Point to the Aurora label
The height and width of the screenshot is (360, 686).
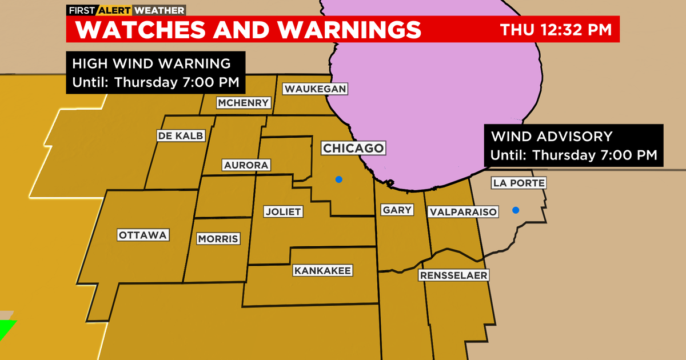[x=246, y=165]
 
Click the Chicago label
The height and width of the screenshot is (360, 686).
[x=352, y=149]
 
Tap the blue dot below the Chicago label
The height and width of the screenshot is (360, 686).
[x=339, y=179]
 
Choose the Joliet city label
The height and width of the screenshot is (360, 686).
[x=283, y=211]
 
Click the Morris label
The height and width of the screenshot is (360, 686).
[x=218, y=239]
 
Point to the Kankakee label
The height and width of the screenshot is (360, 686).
[x=322, y=270]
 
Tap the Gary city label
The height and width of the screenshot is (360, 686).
[x=397, y=210]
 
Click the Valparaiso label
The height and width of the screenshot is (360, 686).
[x=462, y=211]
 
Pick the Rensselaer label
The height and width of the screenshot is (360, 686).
[x=453, y=275]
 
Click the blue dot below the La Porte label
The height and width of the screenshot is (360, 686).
[x=516, y=210]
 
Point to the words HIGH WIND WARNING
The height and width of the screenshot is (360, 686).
[x=151, y=63]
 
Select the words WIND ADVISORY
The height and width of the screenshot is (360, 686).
[x=552, y=137]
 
